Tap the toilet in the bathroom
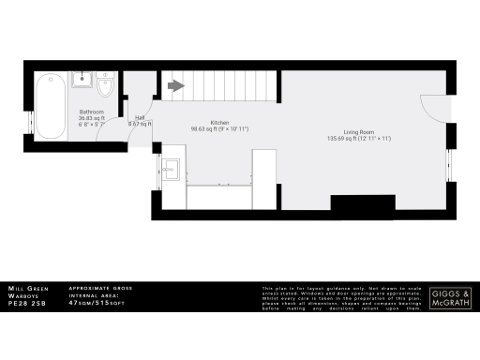tap(107, 88)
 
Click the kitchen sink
tap(172, 170)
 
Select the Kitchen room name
tap(219, 123)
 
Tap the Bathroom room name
tap(91, 112)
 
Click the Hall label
tap(139, 117)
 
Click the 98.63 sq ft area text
tap(219, 129)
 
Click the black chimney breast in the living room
tap(363, 203)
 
